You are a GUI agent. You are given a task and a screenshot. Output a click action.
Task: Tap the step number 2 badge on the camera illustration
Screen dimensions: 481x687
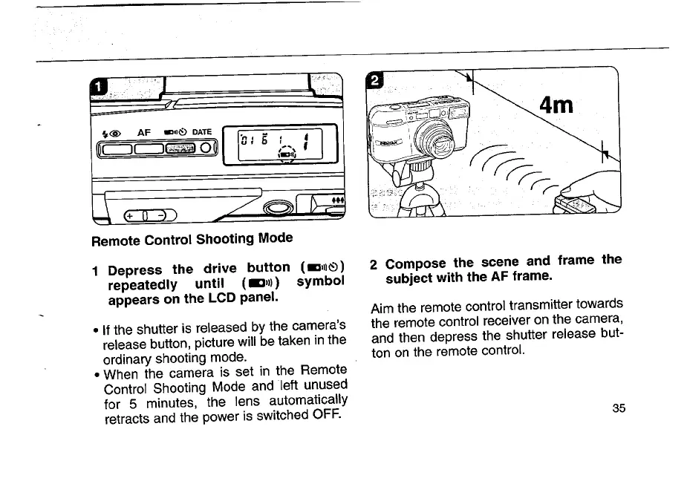coord(377,79)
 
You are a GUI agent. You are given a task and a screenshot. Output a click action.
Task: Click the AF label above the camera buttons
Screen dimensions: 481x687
coord(143,132)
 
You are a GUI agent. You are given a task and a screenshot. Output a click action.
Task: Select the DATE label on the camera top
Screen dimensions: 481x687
coord(202,132)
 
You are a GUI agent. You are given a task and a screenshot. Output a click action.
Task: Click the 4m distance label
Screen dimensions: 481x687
coord(557,105)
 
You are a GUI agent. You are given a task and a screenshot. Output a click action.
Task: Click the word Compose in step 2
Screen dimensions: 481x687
coord(417,263)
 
